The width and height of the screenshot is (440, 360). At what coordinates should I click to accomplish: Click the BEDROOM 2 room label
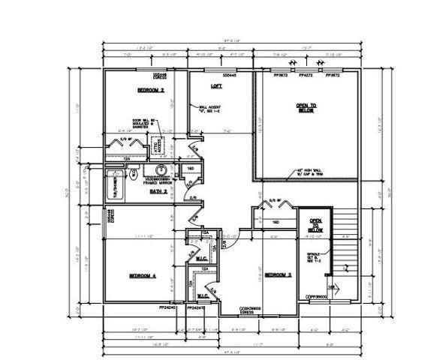150,90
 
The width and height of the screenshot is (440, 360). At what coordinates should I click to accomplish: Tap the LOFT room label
216,87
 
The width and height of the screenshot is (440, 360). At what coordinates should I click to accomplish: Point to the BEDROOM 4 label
142,276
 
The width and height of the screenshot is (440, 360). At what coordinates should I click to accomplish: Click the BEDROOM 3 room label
278,275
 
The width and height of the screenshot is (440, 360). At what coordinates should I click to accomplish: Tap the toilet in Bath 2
132,178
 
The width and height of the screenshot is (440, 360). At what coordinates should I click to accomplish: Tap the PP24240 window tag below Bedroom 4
167,307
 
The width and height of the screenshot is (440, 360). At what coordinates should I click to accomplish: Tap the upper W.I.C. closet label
191,260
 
